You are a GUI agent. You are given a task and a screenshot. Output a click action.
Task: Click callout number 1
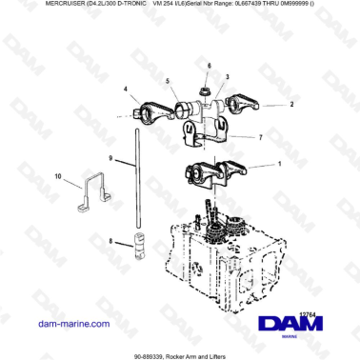278,164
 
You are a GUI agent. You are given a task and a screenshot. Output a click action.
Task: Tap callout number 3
226,74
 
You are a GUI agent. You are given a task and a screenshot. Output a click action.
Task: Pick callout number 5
167,82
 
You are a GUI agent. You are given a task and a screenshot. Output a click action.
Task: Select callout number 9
110,157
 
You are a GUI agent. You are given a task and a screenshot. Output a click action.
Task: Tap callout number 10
58,176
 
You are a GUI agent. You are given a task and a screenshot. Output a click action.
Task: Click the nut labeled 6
205,90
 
